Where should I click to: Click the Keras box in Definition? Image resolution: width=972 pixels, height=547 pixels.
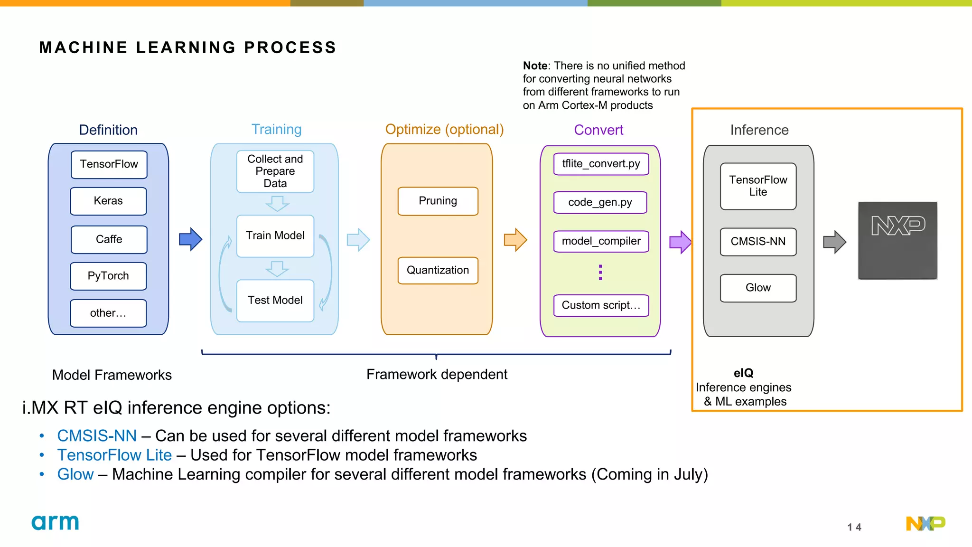(108, 201)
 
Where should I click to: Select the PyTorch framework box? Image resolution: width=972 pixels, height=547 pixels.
(108, 276)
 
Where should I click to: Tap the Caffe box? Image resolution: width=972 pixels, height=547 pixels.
(109, 239)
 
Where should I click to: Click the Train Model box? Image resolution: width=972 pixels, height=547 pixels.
(275, 236)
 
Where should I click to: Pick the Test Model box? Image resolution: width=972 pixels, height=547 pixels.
(275, 301)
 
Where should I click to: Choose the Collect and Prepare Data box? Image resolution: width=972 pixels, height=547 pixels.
(275, 171)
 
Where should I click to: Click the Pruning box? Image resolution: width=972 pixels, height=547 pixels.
(438, 201)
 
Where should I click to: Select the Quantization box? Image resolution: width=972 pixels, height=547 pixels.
(438, 270)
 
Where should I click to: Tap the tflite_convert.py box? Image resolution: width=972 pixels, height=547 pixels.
(601, 164)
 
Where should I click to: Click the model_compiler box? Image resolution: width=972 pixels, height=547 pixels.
(601, 241)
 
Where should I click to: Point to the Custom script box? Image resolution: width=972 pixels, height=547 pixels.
(601, 305)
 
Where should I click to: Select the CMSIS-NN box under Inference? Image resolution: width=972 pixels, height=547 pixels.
(758, 242)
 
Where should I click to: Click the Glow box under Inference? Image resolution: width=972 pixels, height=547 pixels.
(758, 288)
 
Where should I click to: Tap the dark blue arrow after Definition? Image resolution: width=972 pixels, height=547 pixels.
(191, 239)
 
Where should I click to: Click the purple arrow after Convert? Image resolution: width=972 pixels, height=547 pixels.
(680, 242)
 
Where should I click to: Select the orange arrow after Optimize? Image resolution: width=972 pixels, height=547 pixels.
(515, 240)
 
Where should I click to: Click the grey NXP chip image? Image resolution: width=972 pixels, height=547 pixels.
(897, 241)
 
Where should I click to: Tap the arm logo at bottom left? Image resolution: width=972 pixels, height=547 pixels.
(55, 522)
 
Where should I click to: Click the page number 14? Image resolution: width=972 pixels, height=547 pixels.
(854, 527)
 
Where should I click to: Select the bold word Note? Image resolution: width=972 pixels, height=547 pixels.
(535, 66)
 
